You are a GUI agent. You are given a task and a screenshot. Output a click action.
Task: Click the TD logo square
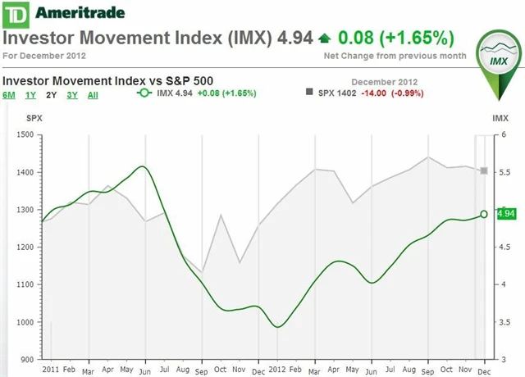click(15, 13)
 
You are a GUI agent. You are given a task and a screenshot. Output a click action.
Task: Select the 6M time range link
click(9, 95)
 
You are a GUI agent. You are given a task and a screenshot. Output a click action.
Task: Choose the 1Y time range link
click(30, 95)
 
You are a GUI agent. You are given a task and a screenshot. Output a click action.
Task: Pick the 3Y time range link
click(72, 95)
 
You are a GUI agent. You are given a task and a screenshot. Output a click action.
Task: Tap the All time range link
click(93, 95)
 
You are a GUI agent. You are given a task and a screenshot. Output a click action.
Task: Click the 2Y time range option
click(51, 95)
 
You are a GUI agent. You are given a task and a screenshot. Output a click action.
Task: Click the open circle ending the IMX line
click(484, 214)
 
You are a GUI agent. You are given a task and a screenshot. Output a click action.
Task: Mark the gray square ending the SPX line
click(484, 170)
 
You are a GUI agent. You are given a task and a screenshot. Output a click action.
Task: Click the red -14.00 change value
click(374, 93)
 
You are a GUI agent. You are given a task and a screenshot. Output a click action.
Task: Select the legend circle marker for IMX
click(144, 93)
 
